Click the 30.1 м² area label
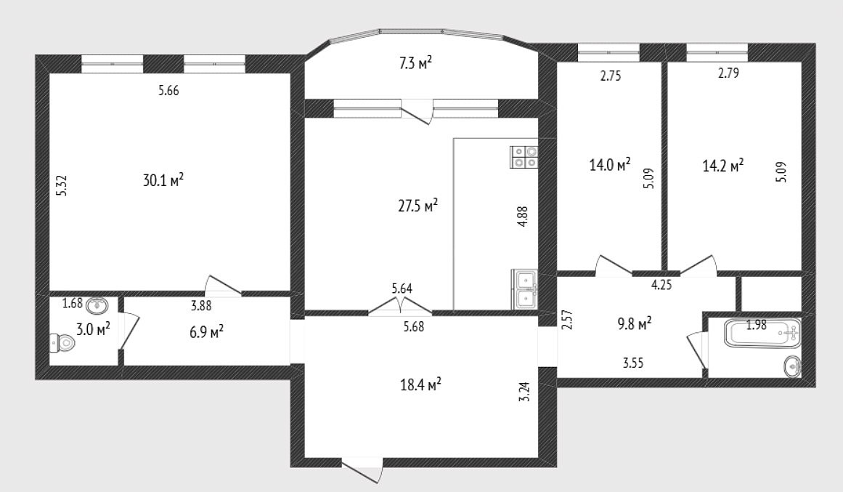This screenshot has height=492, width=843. (163, 180)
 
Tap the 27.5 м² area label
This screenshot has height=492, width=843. (418, 205)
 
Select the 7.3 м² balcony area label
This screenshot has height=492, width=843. (415, 63)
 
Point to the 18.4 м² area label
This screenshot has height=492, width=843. (421, 384)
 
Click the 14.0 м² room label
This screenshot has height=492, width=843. (610, 164)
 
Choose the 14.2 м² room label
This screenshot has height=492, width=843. (723, 165)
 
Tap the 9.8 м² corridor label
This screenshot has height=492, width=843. (635, 323)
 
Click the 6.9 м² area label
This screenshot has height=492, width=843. (206, 331)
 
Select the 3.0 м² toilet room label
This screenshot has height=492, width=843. (93, 329)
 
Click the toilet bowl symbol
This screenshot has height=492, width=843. (61, 343)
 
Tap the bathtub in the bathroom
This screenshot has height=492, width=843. (762, 333)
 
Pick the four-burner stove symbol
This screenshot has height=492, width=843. (524, 157)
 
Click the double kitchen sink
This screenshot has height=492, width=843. (524, 289)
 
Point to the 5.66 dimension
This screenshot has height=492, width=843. (168, 90)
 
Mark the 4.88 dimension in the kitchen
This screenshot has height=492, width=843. (523, 217)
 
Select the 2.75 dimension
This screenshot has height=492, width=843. (611, 76)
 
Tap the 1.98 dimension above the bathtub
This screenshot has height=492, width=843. (756, 325)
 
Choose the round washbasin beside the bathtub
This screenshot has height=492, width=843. (792, 366)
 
